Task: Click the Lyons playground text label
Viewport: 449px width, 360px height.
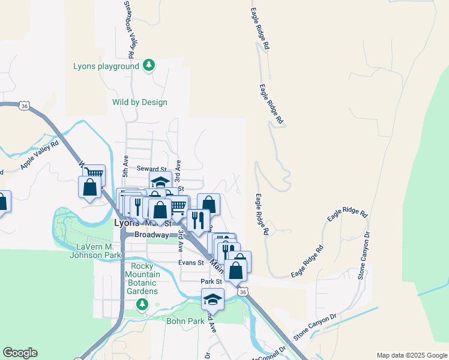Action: point(106,66)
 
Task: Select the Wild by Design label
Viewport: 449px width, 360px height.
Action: point(140,102)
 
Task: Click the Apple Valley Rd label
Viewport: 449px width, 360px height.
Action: point(40,154)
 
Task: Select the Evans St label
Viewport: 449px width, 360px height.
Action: point(191,262)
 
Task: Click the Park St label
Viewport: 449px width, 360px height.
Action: point(211,281)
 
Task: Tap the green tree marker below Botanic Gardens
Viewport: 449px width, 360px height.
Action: point(142,305)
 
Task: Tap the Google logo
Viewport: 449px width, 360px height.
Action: point(20,353)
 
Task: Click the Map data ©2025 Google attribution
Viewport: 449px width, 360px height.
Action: point(411,355)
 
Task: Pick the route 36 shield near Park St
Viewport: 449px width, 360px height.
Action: point(242,292)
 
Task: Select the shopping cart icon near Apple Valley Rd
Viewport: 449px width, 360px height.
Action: point(94,175)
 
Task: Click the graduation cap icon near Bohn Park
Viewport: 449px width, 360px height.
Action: point(212,298)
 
